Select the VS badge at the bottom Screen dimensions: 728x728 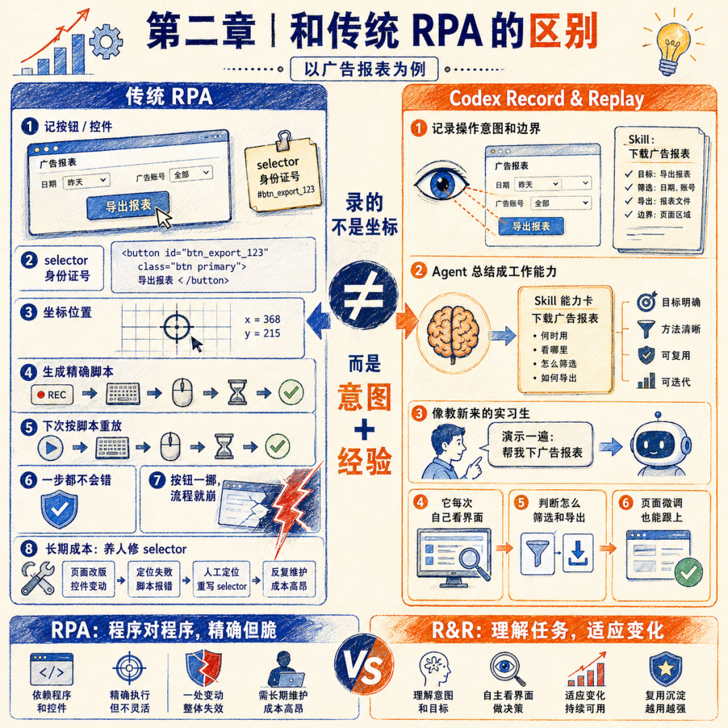363,669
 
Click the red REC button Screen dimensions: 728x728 52,394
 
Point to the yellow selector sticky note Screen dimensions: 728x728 282,174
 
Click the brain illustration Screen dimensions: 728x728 453,334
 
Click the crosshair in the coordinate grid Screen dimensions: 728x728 177,327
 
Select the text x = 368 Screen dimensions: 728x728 262,320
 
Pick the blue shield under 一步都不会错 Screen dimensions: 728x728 59,510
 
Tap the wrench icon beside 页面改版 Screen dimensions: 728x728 38,578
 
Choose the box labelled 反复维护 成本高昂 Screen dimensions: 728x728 289,579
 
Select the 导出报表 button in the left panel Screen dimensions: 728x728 127,205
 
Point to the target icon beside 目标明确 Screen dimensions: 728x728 646,302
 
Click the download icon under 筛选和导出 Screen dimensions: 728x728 578,553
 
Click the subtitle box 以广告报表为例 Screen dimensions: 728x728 364,69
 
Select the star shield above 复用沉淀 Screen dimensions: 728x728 665,669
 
